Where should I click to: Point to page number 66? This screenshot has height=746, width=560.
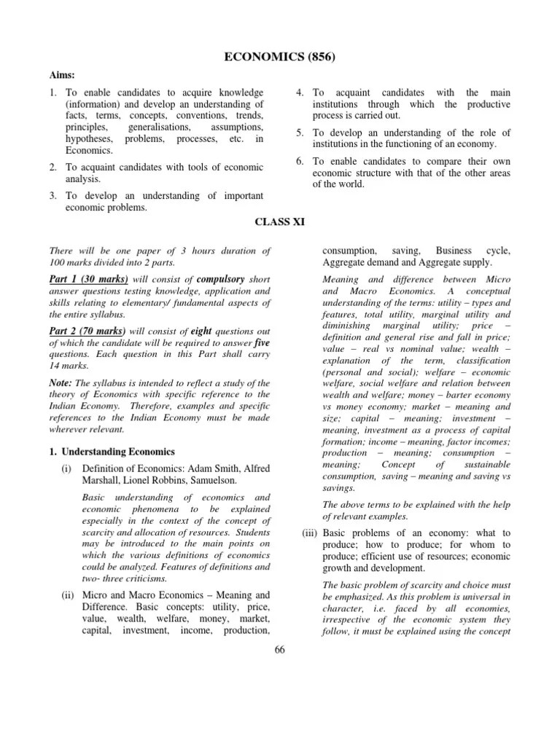click(x=279, y=650)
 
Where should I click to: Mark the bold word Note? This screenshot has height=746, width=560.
click(x=61, y=382)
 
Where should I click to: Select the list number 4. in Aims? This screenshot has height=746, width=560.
click(x=300, y=93)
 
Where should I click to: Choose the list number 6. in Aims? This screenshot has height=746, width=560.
click(x=300, y=161)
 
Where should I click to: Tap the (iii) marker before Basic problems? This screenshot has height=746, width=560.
click(x=310, y=533)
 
